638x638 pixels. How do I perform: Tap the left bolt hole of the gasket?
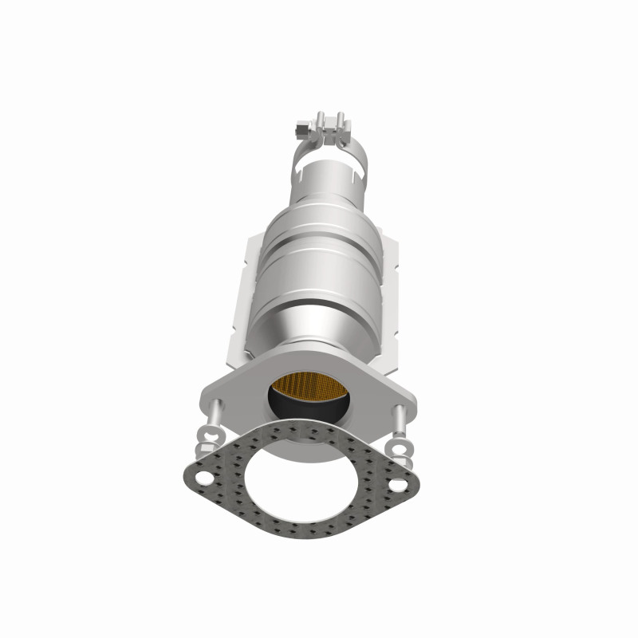coord(205,479)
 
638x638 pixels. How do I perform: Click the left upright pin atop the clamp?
coord(319,120)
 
